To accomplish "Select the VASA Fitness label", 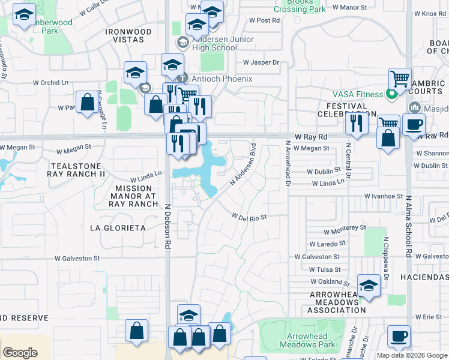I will (358, 94).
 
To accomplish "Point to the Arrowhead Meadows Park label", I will (311, 341).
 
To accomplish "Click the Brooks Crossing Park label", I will (300, 5).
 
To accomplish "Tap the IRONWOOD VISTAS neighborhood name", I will (128, 35).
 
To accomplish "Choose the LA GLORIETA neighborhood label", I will (118, 228).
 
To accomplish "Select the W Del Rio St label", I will (249, 217).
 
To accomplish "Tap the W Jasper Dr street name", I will (262, 62).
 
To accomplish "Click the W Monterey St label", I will (345, 229).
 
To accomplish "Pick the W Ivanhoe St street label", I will (384, 196).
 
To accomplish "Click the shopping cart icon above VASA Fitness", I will (400, 79).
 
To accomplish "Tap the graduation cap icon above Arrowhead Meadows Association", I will (369, 285).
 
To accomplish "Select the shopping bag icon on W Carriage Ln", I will (88, 103).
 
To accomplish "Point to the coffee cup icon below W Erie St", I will (399, 335).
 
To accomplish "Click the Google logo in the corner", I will (20, 353).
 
